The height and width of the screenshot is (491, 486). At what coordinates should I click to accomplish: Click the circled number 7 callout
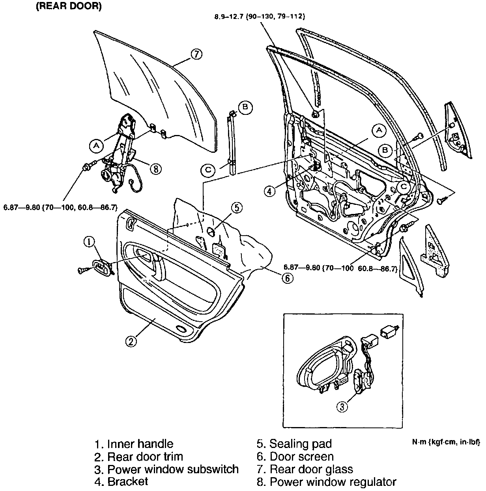[196, 54]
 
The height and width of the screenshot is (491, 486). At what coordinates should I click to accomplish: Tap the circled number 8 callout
[155, 169]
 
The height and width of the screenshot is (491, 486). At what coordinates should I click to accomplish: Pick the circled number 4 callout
[269, 191]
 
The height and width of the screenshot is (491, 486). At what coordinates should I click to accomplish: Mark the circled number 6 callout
[287, 278]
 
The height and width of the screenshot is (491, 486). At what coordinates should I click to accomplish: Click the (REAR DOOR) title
[69, 7]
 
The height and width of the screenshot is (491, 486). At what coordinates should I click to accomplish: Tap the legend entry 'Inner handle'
[134, 444]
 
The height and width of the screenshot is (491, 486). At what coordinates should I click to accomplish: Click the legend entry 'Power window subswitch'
[166, 469]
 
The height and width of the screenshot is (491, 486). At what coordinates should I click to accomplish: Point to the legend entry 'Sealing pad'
[294, 444]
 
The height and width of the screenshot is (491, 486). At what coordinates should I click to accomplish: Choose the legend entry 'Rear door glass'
[305, 469]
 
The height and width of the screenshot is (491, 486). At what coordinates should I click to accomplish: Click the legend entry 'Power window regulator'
[327, 482]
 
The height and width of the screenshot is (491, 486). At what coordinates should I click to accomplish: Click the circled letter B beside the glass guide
[245, 107]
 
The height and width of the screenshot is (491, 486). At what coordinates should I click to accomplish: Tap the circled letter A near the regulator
[96, 146]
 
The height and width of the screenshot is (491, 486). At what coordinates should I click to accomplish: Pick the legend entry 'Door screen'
[295, 457]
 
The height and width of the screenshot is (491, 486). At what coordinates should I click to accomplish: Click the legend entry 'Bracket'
[121, 482]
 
